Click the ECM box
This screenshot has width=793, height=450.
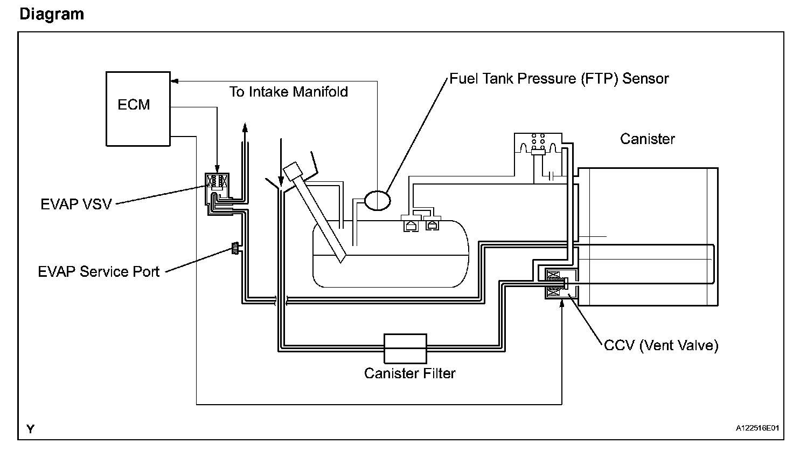coord(138,109)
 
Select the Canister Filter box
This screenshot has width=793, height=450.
coord(405,349)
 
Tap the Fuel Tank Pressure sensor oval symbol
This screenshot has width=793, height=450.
coord(378,201)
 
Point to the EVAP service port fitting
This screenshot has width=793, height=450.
coord(235,248)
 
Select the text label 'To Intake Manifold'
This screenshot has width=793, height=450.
coord(289,92)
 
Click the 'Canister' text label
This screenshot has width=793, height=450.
coord(647,139)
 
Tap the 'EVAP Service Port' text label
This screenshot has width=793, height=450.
coord(99,271)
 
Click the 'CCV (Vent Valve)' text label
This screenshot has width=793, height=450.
coord(661,345)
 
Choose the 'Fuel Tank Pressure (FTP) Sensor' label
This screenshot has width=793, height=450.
coord(559,79)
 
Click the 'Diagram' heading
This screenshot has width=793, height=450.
coord(52,14)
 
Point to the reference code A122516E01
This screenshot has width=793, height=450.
coord(757,428)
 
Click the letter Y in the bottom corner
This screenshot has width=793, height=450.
coord(31,429)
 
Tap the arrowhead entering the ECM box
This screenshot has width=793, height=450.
coord(175,81)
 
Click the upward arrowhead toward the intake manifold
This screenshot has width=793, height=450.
coord(245,128)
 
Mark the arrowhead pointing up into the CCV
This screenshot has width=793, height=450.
coord(562,304)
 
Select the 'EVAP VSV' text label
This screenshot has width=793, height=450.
coord(76,204)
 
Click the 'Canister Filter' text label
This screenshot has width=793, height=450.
coord(409,373)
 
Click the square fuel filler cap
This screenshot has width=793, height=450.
coord(293,172)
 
